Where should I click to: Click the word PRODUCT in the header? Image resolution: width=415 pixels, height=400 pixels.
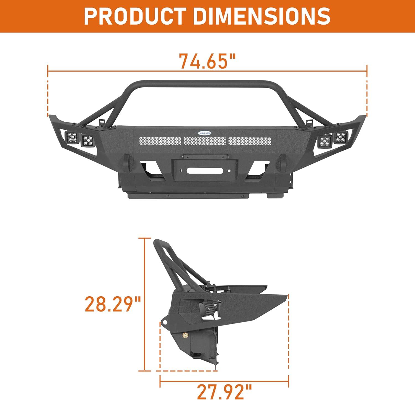tap(134, 16)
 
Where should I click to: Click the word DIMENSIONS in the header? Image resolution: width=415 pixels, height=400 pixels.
tap(262, 16)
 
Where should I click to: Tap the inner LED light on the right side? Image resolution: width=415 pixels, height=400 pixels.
tap(325, 141)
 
